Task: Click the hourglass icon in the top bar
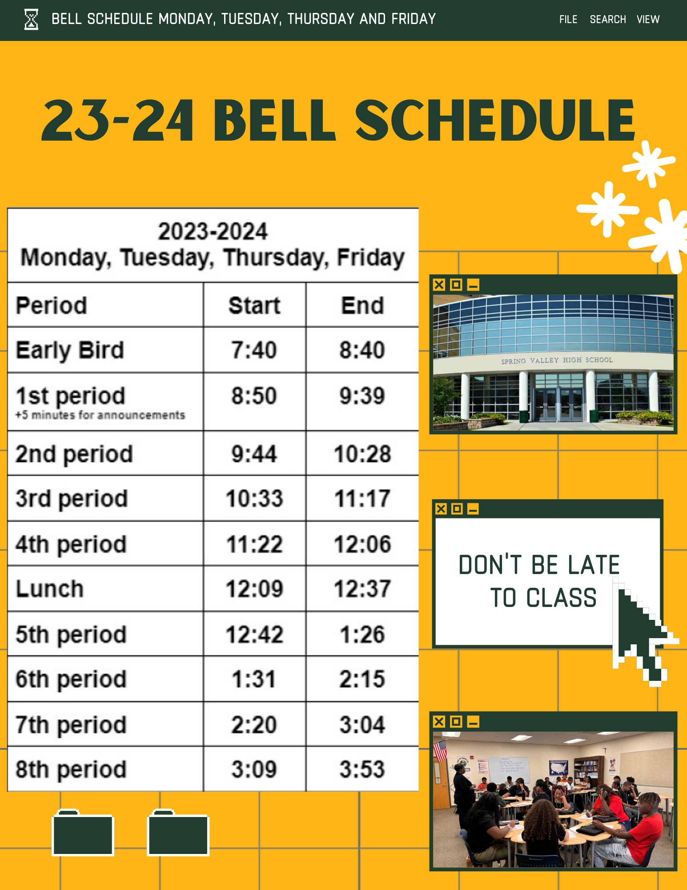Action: pos(31,20)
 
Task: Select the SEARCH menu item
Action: pos(608,20)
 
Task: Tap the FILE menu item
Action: pos(568,20)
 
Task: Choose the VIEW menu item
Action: pos(648,20)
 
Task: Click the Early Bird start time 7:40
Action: pos(254,350)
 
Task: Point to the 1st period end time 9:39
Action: pos(362,396)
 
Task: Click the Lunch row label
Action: pos(50,589)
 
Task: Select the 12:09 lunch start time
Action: pos(254,589)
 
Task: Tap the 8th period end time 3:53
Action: pos(362,769)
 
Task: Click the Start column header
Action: pos(254,306)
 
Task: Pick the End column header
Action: pos(362,306)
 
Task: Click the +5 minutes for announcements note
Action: pos(100,415)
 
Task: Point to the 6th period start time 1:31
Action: pos(254,679)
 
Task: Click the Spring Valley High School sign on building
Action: pos(557,360)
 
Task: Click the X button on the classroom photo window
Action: pos(439,722)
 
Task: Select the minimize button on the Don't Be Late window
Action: pos(473,509)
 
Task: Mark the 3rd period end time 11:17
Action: pos(362,498)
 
